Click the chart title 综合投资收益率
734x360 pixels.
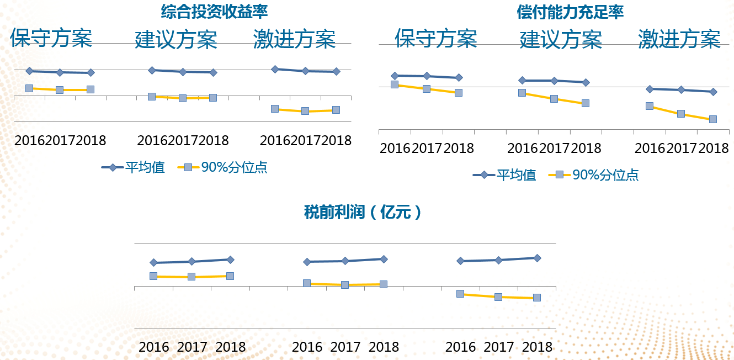click(210, 12)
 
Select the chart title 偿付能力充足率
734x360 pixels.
click(570, 13)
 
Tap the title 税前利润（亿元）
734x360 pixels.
click(363, 212)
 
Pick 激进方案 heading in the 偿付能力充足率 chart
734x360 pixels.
click(679, 39)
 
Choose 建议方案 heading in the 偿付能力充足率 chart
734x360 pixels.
click(561, 40)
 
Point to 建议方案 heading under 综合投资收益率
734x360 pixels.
click(176, 39)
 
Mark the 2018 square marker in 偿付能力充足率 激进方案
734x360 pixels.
click(713, 119)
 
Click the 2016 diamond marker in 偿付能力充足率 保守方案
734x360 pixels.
click(395, 76)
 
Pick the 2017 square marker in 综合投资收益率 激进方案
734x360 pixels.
click(305, 111)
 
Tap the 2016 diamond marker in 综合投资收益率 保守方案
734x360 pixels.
click(29, 71)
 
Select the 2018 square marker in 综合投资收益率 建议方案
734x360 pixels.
click(213, 98)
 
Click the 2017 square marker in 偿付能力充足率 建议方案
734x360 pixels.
click(554, 99)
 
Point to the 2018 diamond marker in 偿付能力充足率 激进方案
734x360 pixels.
click(713, 92)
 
